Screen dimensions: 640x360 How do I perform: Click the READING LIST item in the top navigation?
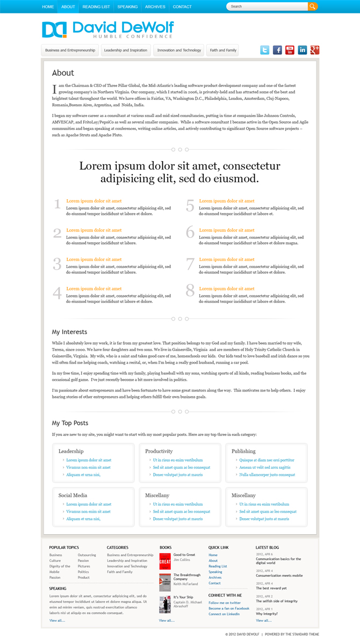96,7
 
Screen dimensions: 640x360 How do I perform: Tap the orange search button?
312,6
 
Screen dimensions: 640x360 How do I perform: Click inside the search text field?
266,6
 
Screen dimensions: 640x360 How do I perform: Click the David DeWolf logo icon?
54,30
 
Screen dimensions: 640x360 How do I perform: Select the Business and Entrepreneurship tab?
70,50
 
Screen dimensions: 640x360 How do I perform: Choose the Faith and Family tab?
222,50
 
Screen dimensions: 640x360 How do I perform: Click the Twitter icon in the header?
265,50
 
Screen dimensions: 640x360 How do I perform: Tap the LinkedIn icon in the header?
303,50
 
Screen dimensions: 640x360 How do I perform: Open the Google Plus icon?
315,50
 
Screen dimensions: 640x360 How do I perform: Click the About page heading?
63,73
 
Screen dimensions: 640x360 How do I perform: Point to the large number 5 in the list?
190,206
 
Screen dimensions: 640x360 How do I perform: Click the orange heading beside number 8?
227,289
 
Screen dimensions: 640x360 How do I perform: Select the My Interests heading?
69,332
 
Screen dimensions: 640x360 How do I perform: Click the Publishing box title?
243,451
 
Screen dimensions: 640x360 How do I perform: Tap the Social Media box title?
73,495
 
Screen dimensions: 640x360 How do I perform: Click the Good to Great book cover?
164,561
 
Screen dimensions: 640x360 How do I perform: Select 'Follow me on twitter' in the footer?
225,603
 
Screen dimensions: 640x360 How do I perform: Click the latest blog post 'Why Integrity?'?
267,614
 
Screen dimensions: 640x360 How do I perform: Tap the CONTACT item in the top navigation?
182,7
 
